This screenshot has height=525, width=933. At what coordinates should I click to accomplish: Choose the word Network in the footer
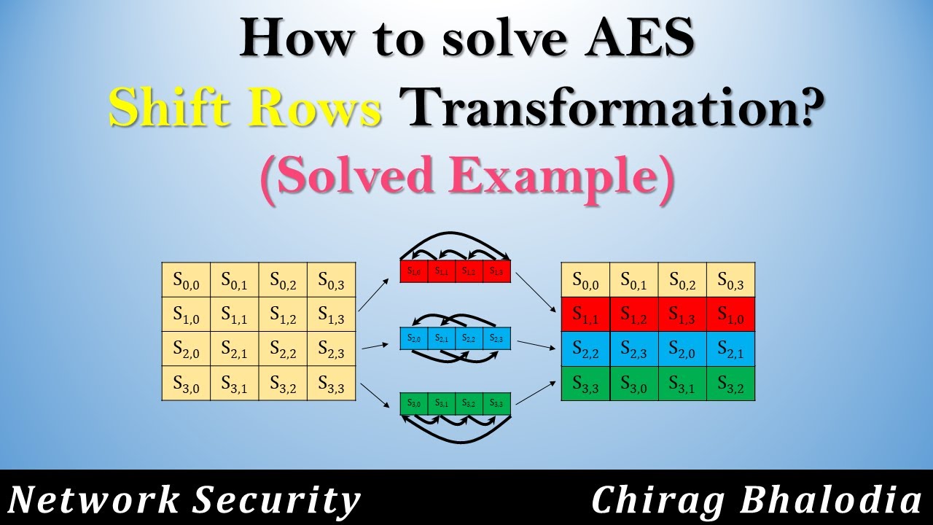pyautogui.click(x=95, y=501)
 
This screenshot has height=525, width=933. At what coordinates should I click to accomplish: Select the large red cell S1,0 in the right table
pyautogui.click(x=730, y=314)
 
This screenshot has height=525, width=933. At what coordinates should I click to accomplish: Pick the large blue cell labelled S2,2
pyautogui.click(x=585, y=349)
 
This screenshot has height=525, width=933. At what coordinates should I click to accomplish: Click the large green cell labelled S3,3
pyautogui.click(x=585, y=384)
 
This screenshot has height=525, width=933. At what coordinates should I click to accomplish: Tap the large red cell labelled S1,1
pyautogui.click(x=585, y=314)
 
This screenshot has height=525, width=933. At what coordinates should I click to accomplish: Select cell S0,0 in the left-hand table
pyautogui.click(x=186, y=279)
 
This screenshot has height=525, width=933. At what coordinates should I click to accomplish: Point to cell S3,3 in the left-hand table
pyautogui.click(x=331, y=384)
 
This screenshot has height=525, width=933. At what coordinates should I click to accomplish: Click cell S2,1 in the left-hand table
pyautogui.click(x=234, y=349)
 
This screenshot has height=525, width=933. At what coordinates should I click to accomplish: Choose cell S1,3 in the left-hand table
pyautogui.click(x=331, y=314)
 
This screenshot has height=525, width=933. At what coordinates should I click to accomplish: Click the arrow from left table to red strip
pyautogui.click(x=375, y=290)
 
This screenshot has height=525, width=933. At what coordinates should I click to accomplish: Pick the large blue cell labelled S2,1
pyautogui.click(x=730, y=349)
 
